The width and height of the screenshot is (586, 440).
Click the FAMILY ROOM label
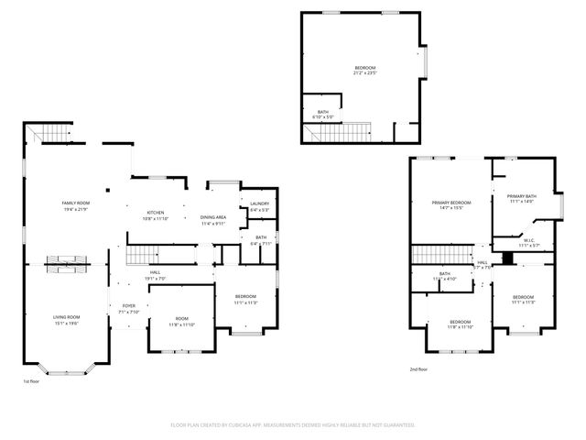click(75, 204)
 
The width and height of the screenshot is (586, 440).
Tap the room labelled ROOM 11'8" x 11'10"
click(180, 322)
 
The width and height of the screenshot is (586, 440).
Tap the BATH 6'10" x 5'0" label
click(323, 115)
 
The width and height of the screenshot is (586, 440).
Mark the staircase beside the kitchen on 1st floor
click(142, 254)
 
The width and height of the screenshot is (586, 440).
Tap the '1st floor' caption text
click(32, 380)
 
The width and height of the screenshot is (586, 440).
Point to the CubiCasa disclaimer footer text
click(293, 425)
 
